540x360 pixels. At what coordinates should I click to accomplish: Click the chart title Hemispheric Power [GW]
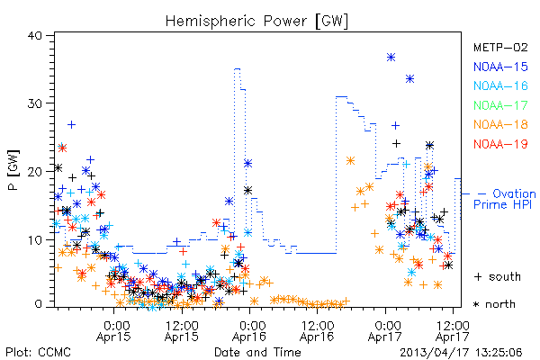(256, 21)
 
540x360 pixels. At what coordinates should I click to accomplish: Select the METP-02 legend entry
(500, 47)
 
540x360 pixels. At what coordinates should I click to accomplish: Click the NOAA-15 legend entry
(500, 67)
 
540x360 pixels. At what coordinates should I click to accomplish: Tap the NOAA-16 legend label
(500, 85)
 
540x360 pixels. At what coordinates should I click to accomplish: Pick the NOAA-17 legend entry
(500, 105)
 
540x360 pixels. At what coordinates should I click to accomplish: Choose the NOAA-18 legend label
(500, 124)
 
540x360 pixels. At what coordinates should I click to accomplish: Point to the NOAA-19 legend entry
(500, 144)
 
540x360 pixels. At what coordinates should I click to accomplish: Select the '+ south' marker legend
(498, 276)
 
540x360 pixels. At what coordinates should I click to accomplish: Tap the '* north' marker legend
(494, 304)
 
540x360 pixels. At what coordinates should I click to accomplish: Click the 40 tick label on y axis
(34, 35)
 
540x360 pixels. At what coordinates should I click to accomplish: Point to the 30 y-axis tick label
(34, 103)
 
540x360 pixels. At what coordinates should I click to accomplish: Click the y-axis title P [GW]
(13, 170)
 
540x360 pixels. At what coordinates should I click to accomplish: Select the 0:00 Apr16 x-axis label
(249, 331)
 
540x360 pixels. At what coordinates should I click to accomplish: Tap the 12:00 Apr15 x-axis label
(182, 331)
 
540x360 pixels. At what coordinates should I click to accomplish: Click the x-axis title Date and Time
(257, 353)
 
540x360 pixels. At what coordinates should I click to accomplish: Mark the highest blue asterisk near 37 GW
(391, 58)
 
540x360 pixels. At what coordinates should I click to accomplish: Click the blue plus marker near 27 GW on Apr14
(71, 125)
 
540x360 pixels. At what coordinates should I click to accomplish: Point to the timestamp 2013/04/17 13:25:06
(461, 353)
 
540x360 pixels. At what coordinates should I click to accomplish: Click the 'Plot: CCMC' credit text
(38, 353)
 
